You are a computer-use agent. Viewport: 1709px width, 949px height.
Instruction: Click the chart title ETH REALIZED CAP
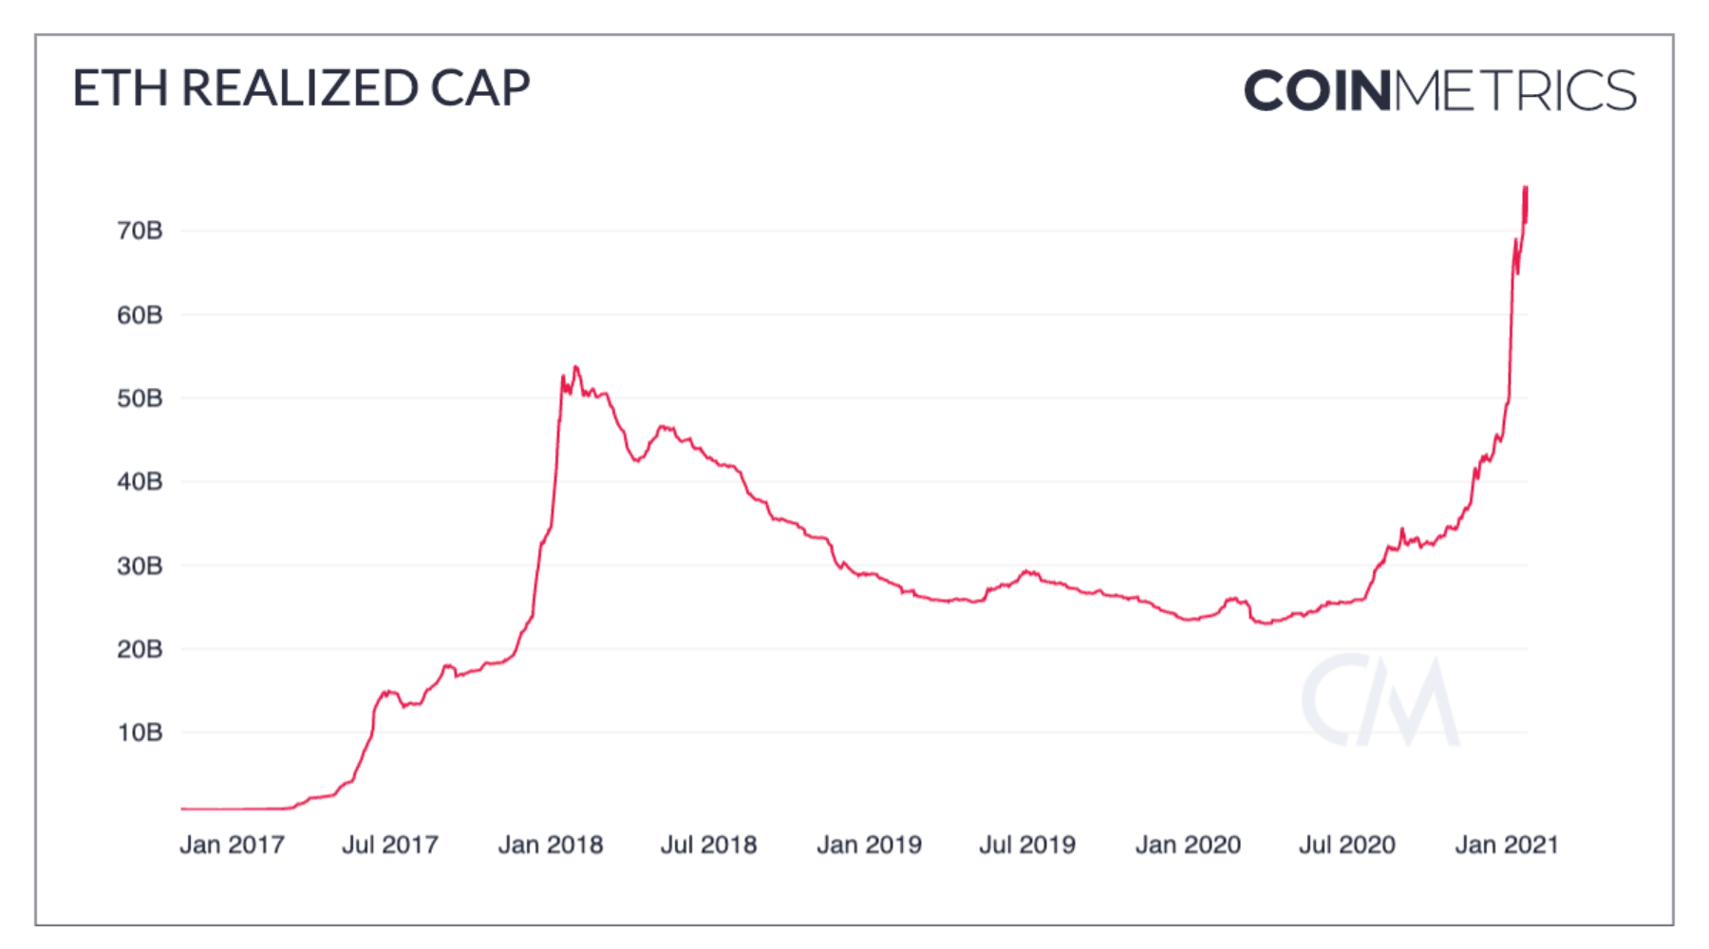[x=301, y=88]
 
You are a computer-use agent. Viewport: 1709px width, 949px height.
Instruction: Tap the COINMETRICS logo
[x=1439, y=91]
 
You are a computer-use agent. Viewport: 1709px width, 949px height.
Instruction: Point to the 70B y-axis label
[x=140, y=231]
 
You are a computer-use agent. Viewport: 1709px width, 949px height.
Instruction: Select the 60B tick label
[x=140, y=315]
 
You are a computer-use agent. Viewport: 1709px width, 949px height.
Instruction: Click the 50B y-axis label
[x=140, y=399]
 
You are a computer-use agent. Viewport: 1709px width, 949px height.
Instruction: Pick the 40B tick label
[x=140, y=482]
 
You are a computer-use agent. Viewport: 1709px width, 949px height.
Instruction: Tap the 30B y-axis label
[x=140, y=567]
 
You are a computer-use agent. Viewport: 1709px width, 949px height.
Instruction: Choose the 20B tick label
[x=140, y=650]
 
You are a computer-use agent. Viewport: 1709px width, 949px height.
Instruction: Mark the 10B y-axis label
[x=140, y=733]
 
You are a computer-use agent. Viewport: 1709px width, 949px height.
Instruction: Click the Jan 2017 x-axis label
[x=232, y=845]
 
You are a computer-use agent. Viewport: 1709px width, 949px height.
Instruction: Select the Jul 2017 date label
[x=390, y=845]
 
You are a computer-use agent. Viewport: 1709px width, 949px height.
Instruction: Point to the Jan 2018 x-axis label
[x=551, y=845]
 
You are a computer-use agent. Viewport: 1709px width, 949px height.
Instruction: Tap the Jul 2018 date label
[x=708, y=845]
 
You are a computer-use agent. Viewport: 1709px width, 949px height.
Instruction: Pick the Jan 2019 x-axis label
[x=869, y=845]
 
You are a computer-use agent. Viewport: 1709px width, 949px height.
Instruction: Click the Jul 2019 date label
[x=1027, y=845]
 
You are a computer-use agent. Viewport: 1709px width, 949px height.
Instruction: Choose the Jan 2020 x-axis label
[x=1188, y=845]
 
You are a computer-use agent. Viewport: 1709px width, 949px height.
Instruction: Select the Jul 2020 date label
[x=1346, y=845]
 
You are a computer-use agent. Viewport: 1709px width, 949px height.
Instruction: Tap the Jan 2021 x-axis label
[x=1507, y=845]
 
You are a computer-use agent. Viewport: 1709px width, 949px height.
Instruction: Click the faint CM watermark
[x=1380, y=700]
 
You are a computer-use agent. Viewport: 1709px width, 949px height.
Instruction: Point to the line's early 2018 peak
[x=575, y=367]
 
